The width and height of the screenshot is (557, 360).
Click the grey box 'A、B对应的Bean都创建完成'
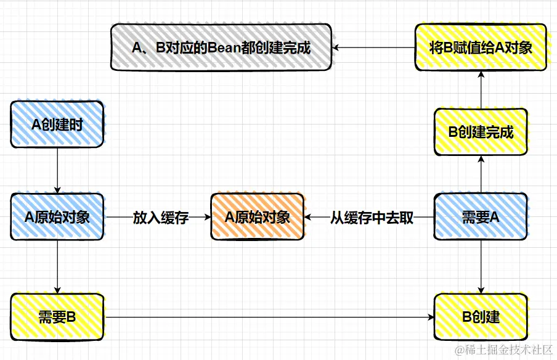(x=221, y=48)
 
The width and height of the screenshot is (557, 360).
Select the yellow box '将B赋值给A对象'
(x=481, y=47)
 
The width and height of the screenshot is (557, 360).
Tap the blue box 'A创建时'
(x=57, y=125)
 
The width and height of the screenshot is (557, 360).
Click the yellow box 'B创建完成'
(x=481, y=132)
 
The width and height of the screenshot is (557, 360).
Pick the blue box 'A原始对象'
(x=57, y=217)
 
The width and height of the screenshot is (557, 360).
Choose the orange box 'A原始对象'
(x=257, y=217)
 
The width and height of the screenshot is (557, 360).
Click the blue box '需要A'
(x=481, y=217)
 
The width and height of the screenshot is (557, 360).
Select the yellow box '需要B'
(x=57, y=317)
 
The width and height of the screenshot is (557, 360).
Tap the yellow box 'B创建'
(x=481, y=317)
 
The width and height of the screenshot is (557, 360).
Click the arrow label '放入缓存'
(x=160, y=218)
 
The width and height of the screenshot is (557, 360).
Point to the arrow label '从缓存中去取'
(x=372, y=218)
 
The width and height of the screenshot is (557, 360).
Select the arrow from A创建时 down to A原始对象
(x=57, y=170)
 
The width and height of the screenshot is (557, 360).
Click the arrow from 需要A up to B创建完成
(x=481, y=174)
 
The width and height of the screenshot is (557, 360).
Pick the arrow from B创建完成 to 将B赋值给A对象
(x=481, y=89)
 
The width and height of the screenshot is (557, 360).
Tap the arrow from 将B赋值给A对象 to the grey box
(x=373, y=47)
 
